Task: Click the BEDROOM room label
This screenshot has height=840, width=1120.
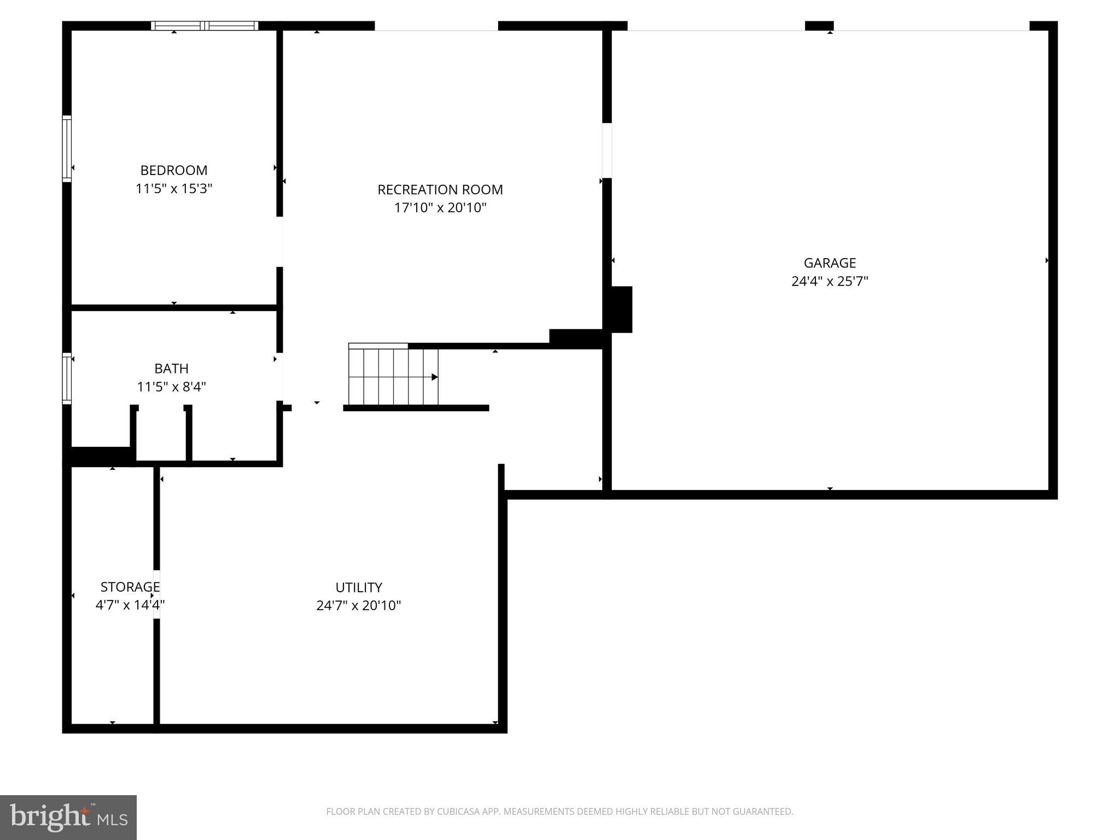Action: (x=174, y=170)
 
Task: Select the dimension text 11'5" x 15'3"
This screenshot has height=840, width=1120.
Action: (x=174, y=189)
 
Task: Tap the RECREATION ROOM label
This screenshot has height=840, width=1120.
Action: (x=440, y=190)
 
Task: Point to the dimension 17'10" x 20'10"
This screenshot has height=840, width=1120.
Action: (x=440, y=208)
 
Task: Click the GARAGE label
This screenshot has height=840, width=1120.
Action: (x=830, y=263)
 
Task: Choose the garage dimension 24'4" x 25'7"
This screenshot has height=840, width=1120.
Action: (x=830, y=282)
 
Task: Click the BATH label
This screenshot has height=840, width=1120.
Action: (x=171, y=369)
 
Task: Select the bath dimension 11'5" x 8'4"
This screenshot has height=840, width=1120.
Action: (x=171, y=387)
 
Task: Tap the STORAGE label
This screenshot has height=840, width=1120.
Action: (x=130, y=587)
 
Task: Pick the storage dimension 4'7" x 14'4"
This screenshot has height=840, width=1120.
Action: (x=130, y=605)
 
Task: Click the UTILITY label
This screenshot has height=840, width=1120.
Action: (x=359, y=587)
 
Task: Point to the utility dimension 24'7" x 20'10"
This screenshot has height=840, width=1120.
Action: (x=359, y=606)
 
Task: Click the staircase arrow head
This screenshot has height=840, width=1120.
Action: (x=435, y=377)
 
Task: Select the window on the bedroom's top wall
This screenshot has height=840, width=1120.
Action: (x=205, y=26)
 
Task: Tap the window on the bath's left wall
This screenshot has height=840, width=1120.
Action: (x=67, y=378)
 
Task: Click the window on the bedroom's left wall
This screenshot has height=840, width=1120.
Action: (x=67, y=148)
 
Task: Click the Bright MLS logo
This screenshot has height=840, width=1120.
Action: (x=68, y=817)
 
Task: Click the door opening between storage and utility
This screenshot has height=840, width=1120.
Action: (x=156, y=594)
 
